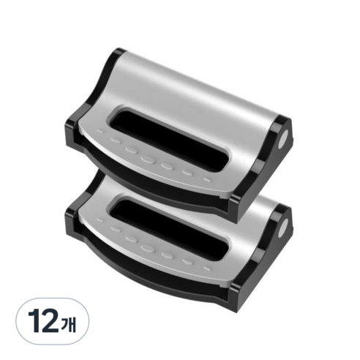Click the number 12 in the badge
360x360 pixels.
(43, 320)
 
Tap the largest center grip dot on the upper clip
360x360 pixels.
(147, 160)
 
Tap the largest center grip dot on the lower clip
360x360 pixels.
(147, 248)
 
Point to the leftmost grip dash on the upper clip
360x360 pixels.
(100, 131)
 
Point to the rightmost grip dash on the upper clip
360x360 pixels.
(207, 180)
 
